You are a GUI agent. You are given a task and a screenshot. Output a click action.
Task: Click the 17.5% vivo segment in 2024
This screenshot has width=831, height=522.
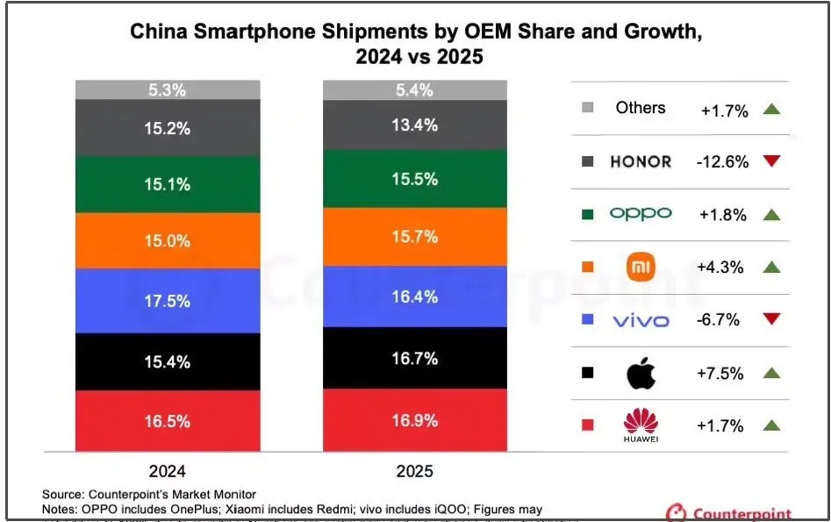coord(168,300)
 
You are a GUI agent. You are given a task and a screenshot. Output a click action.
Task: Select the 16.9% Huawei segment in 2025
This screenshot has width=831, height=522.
coord(415,419)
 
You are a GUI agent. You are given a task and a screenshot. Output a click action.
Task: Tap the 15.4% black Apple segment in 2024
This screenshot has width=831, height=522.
coord(168,361)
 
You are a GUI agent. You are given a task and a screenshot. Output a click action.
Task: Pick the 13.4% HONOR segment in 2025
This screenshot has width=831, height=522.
coord(415,125)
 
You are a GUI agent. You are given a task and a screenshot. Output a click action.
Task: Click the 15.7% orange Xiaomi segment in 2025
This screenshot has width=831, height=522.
coord(415,235)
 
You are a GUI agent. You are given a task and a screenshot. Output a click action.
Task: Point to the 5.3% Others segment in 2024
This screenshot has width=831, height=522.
coord(168,89)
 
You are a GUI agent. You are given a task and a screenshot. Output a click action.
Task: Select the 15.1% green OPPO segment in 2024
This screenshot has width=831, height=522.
coord(168,184)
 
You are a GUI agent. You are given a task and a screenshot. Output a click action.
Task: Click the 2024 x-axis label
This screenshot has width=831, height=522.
coord(168,470)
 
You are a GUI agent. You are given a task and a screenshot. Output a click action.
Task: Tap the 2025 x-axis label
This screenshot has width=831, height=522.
coord(415,470)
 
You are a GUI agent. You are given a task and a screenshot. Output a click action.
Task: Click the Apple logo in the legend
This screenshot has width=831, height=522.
coord(641,374)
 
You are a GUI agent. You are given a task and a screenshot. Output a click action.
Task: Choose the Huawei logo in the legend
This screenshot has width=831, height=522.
coord(641,424)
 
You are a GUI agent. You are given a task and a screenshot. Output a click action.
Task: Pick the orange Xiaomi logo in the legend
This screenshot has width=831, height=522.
coord(641,267)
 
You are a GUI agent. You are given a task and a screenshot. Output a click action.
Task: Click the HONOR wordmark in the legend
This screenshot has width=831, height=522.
coord(641,161)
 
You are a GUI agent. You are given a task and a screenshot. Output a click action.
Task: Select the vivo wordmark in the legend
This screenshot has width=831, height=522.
coord(641,320)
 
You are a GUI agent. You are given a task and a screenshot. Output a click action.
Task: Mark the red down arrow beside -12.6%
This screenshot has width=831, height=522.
coord(771,161)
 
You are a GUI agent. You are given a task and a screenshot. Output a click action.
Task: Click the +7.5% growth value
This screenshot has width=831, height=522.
coord(721,373)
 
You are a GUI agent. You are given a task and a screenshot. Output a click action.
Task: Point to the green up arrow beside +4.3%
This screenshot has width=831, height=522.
coord(771,267)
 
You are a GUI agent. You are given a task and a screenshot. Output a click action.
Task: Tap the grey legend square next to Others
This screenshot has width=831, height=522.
coord(587,109)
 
